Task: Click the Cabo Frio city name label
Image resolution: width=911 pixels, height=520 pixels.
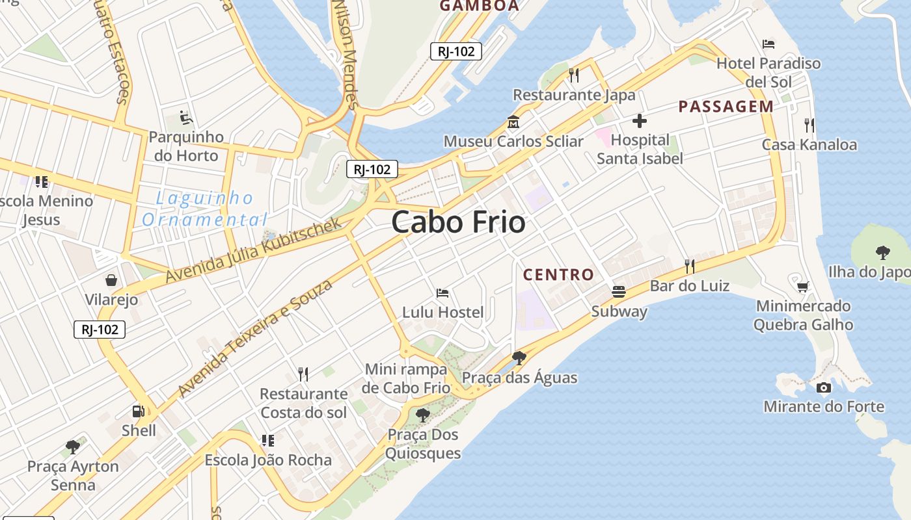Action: coord(458,222)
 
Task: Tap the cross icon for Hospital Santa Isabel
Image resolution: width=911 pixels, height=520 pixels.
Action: coord(640,121)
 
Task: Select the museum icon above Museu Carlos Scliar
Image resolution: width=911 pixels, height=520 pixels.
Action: coord(513,122)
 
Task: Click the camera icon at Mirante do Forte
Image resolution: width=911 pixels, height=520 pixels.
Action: coord(823,388)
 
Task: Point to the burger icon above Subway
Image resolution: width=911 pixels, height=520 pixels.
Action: coord(618,292)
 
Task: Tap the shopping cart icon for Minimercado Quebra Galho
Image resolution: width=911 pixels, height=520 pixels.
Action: coord(803,286)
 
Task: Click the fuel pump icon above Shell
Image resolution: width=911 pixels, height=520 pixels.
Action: coord(138,411)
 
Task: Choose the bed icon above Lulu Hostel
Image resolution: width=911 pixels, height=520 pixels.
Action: coord(442,293)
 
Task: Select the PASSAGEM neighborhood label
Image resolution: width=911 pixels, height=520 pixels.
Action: coord(726,107)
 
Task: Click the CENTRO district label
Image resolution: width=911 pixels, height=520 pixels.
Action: coord(558,275)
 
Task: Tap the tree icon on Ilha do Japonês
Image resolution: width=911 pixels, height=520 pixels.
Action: coord(882,252)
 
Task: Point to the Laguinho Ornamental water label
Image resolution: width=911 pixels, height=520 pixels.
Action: coord(204,209)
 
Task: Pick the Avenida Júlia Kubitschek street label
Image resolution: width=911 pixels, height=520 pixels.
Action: coord(253,250)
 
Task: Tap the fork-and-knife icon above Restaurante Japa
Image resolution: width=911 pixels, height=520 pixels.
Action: coord(573,75)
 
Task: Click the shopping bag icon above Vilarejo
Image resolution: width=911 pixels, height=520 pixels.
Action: coord(111,280)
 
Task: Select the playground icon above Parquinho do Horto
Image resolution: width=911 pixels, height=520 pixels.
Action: coord(185,118)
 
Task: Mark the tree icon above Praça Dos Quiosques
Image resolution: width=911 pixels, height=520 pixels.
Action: coord(422,415)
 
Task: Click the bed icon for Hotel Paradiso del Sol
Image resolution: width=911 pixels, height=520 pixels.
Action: coord(768,44)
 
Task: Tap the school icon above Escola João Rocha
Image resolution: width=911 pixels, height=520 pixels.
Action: coord(267,441)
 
